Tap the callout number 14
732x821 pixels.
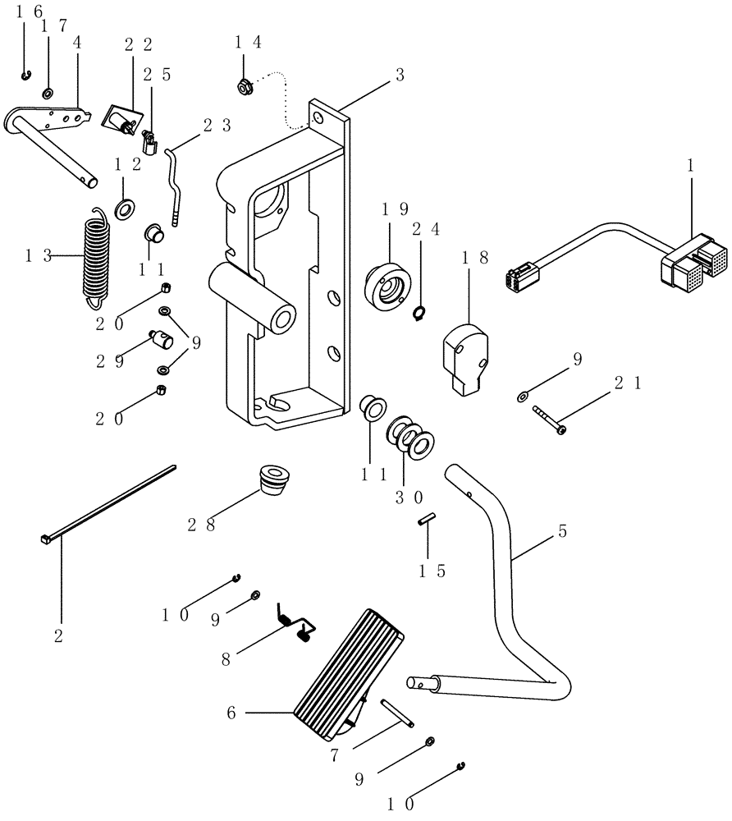pyautogui.click(x=249, y=44)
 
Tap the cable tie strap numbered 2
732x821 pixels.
pyautogui.click(x=107, y=504)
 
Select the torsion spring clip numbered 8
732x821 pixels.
pyautogui.click(x=295, y=622)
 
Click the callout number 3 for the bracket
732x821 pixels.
pyautogui.click(x=399, y=76)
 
